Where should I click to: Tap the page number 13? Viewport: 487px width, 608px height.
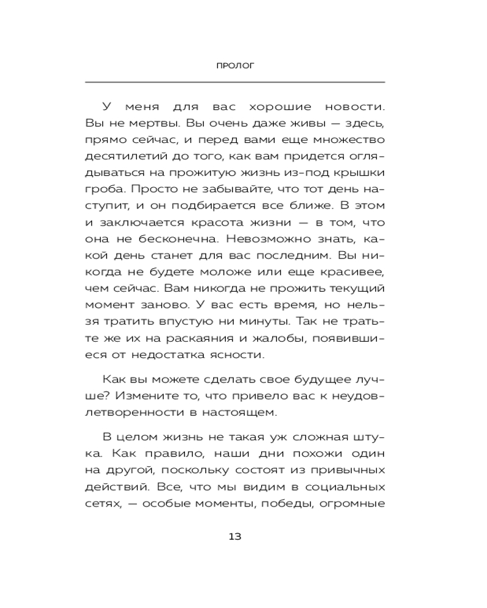[235, 536]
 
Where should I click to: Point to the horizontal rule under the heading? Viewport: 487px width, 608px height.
[235, 82]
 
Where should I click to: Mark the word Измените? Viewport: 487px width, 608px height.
[144, 395]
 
